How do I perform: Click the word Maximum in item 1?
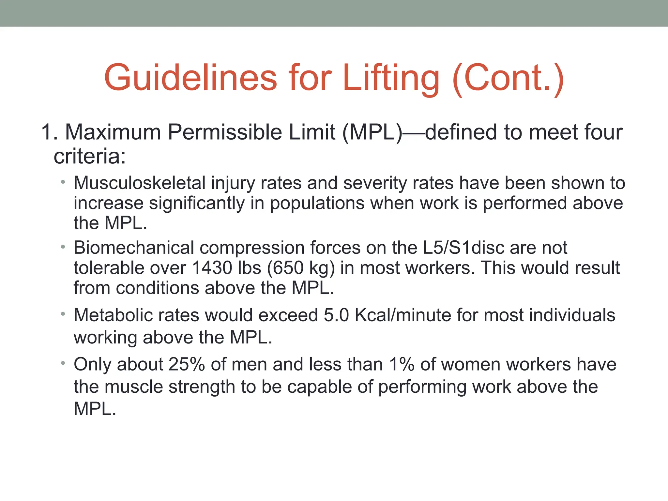pos(113,132)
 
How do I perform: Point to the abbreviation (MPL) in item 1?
pos(372,132)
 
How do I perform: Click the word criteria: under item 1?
pos(90,156)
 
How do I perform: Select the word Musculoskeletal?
pos(139,183)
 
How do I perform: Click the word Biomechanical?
pos(134,248)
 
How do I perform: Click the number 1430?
pos(212,268)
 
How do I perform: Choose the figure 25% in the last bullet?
pos(187,364)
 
